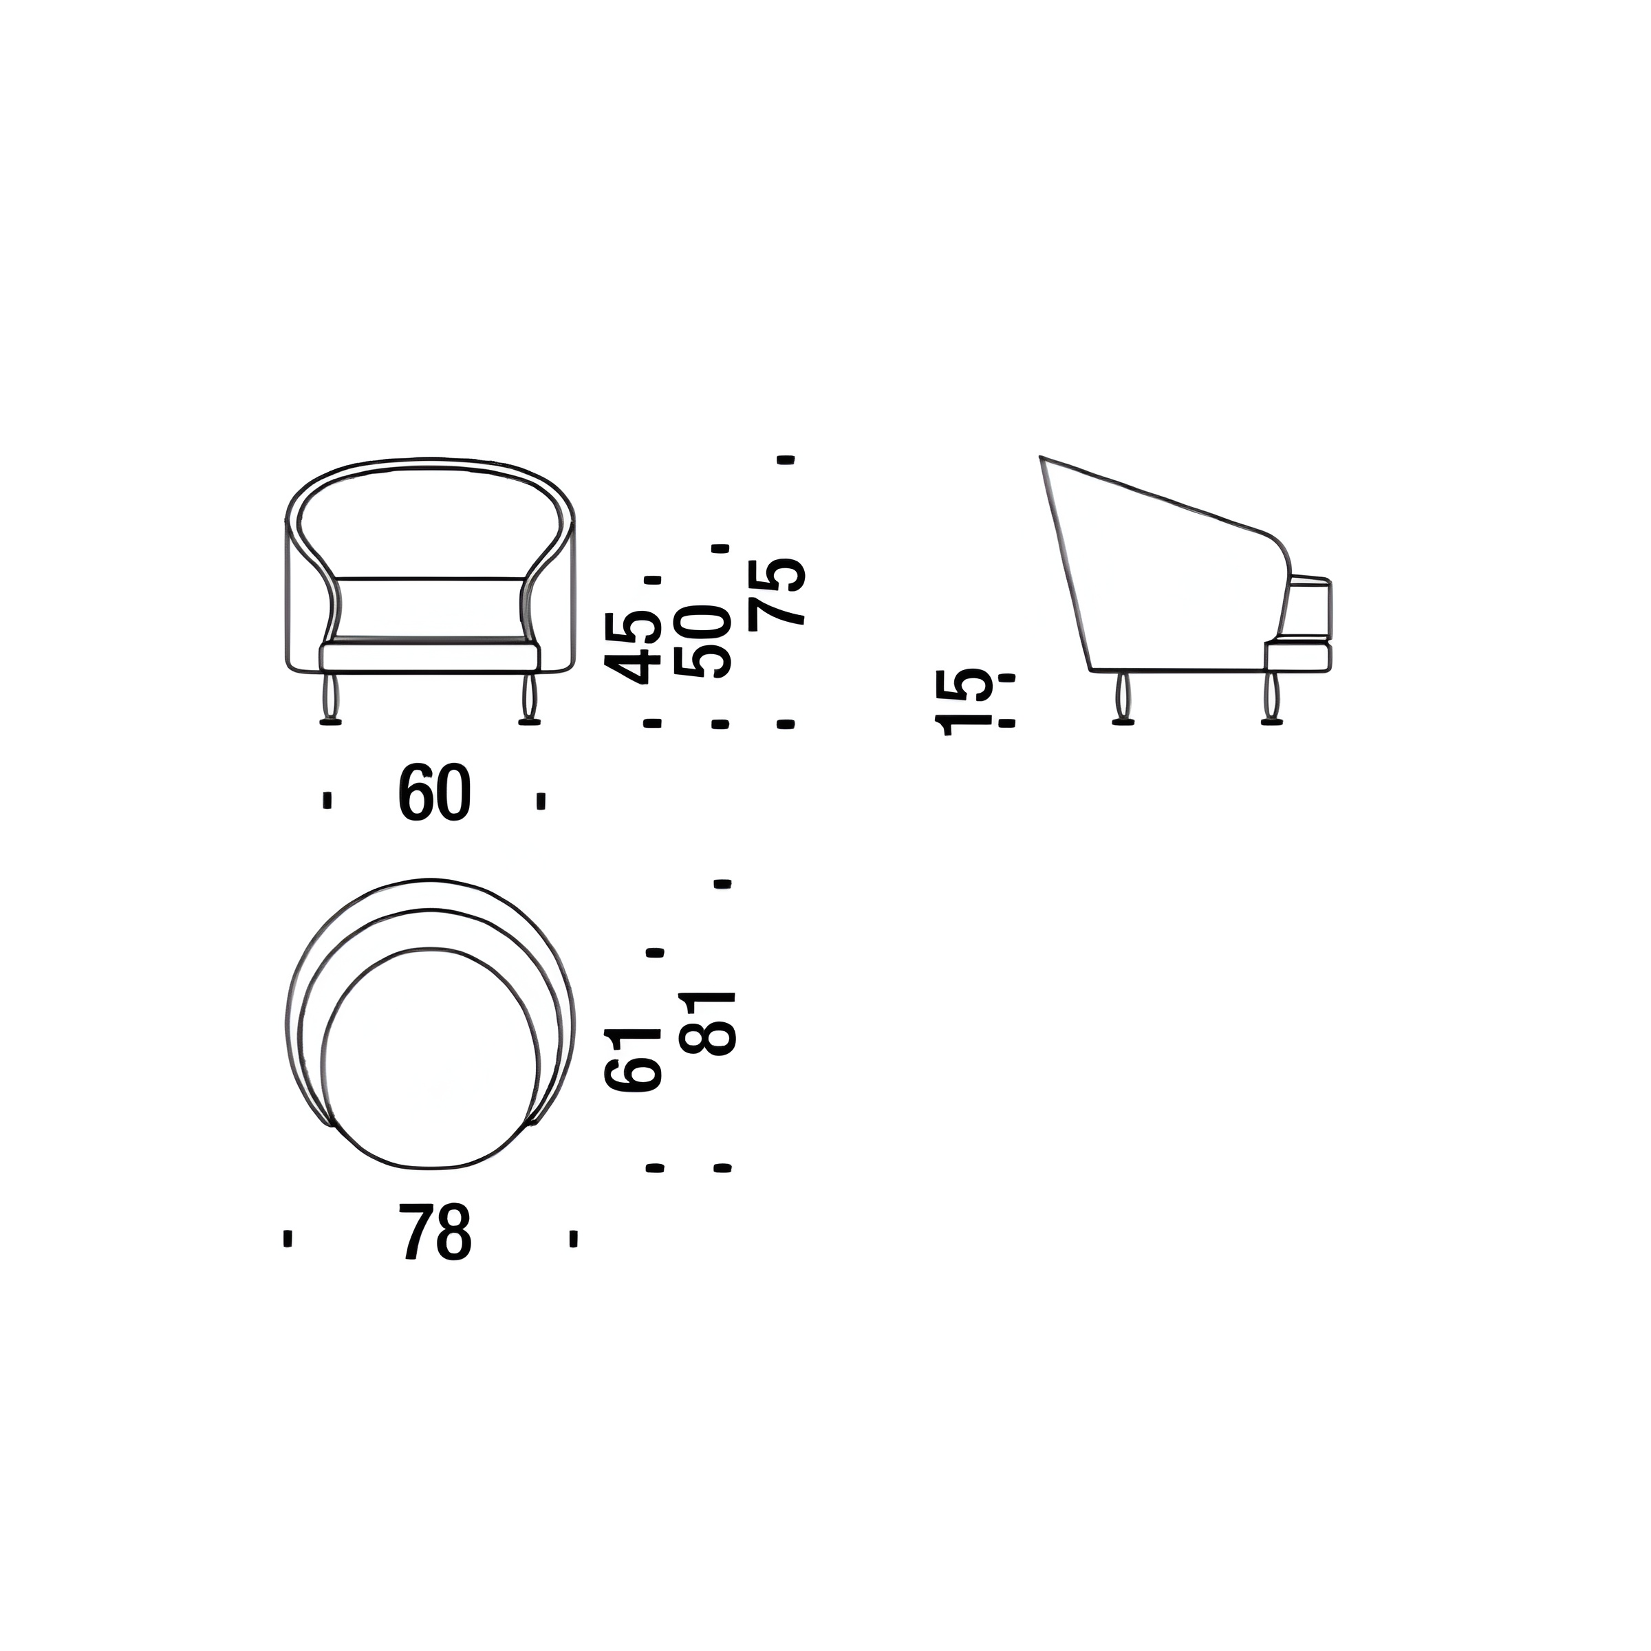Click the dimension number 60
(434, 794)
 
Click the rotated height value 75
(777, 593)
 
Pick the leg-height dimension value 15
(966, 702)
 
